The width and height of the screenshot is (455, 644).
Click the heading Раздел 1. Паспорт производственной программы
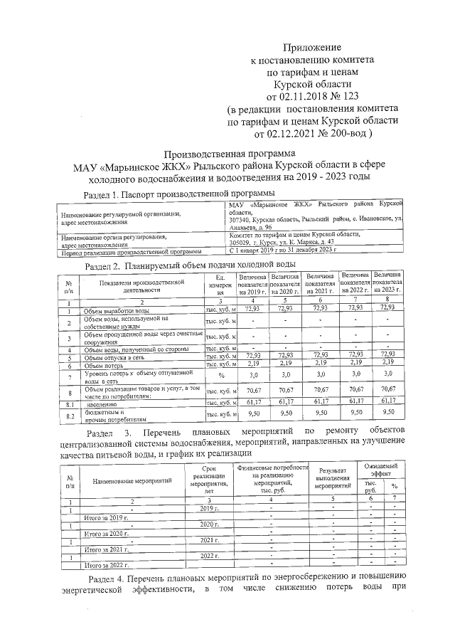pyautogui.click(x=178, y=194)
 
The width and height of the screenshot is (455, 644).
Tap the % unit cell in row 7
pyautogui.click(x=221, y=375)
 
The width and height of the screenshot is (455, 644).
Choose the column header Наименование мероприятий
pyautogui.click(x=132, y=482)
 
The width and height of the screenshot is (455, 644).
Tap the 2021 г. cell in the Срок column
pyautogui.click(x=208, y=542)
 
